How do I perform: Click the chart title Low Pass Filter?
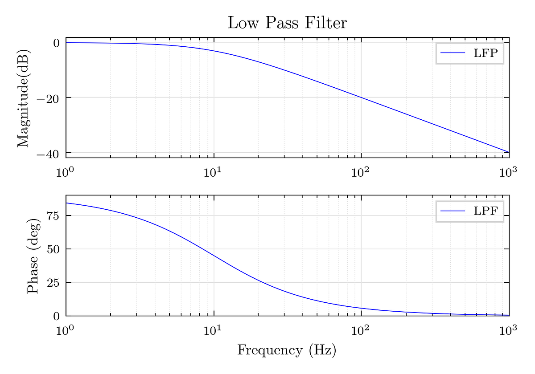[287, 23]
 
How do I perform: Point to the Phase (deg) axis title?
[33, 256]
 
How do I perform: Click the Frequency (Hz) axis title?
[287, 350]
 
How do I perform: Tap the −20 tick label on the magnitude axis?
[48, 98]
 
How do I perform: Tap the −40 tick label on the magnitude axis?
[48, 154]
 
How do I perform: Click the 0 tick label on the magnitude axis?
[56, 43]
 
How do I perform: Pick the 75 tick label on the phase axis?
[53, 216]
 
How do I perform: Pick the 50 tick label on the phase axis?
[53, 249]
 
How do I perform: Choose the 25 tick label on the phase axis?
[53, 283]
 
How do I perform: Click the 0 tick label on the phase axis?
[56, 317]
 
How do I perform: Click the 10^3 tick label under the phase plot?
[508, 330]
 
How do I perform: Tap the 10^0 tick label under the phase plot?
[65, 330]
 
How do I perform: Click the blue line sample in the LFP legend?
[453, 53]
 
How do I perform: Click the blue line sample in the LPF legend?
[453, 211]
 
